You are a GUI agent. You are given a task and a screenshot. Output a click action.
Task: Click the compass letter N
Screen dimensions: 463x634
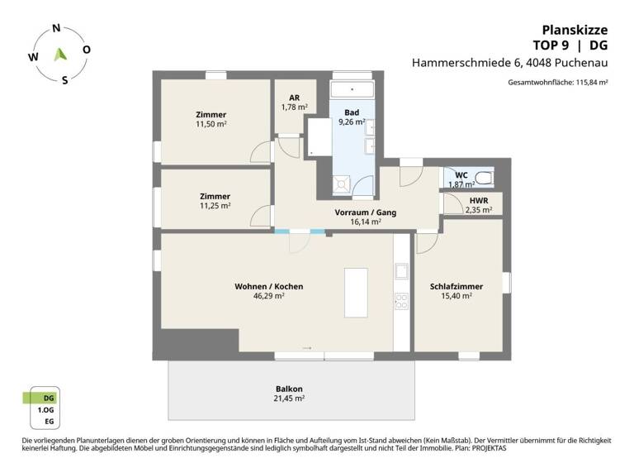point(56,28)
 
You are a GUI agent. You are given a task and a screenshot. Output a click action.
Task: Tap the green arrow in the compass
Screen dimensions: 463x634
point(59,55)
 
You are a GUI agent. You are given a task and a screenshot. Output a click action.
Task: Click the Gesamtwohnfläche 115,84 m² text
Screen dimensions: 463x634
point(558,83)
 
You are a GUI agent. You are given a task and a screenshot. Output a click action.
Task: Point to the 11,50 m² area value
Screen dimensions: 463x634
point(211,124)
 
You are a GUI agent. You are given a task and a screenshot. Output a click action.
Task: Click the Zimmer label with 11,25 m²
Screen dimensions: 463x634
point(215,196)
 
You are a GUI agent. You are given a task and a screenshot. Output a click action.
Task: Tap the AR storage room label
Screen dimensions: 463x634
point(294,97)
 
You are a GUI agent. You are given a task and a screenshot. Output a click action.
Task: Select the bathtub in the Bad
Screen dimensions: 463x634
point(352,89)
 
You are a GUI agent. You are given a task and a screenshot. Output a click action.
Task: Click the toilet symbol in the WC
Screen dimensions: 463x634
point(484,179)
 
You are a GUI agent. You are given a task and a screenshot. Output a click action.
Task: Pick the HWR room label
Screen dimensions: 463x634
point(478,200)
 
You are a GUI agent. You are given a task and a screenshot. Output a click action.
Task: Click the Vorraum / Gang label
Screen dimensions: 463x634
point(365,212)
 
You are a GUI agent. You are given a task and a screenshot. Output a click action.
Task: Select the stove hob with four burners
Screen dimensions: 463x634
point(402,302)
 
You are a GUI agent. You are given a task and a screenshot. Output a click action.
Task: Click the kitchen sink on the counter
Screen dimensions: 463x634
point(402,270)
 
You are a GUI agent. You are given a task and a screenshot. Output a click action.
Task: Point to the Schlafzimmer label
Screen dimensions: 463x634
point(456,287)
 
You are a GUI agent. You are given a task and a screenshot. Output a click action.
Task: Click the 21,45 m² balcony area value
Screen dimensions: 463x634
point(289,399)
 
